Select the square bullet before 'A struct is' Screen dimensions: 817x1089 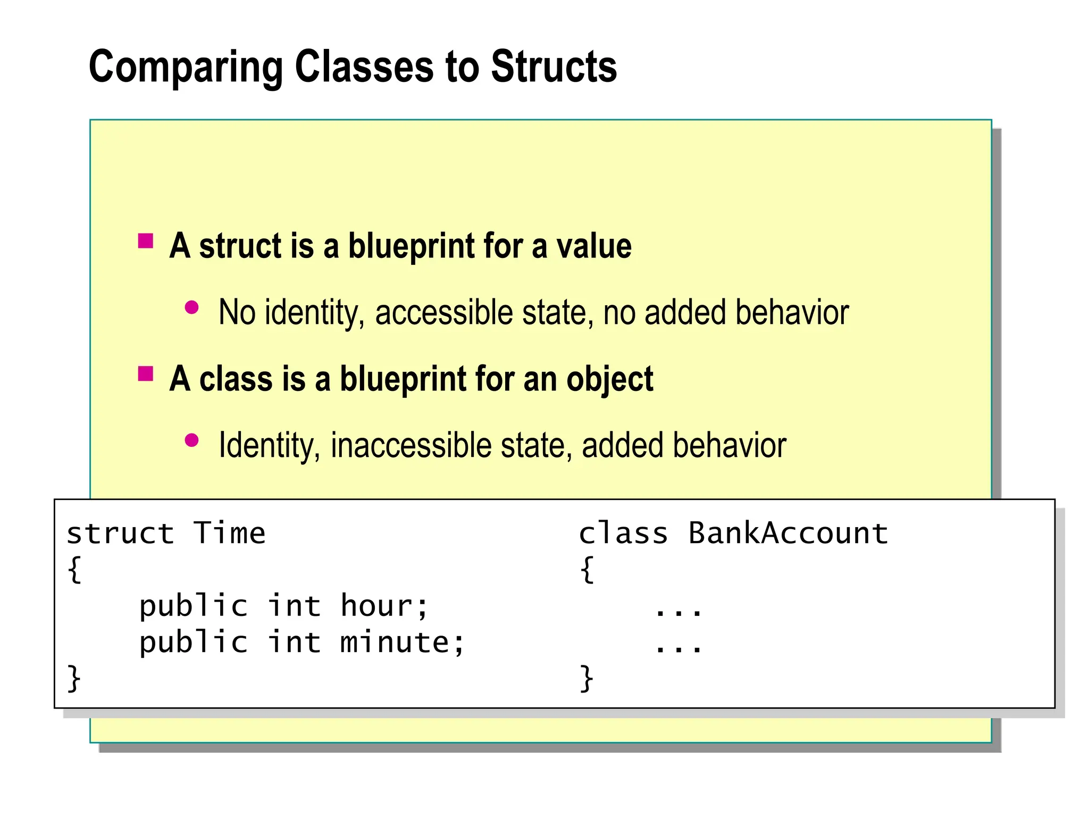click(x=146, y=241)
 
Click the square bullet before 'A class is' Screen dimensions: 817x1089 click(x=146, y=374)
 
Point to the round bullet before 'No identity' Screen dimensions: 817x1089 click(x=191, y=307)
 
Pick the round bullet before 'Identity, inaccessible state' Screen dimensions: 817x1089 click(x=191, y=440)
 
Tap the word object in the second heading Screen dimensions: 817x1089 click(x=609, y=380)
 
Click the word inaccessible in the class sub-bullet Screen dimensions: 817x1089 click(x=411, y=445)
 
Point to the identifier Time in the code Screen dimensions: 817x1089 click(x=229, y=533)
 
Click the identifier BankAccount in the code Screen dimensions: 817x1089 click(x=788, y=533)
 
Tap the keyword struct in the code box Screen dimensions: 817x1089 click(x=120, y=533)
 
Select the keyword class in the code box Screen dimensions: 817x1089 click(x=623, y=533)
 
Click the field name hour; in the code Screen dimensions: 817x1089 click(x=384, y=606)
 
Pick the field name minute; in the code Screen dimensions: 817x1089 click(x=402, y=642)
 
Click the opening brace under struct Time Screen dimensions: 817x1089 click(x=75, y=570)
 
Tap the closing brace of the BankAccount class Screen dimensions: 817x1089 click(x=587, y=678)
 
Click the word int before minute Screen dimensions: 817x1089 click(x=294, y=642)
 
